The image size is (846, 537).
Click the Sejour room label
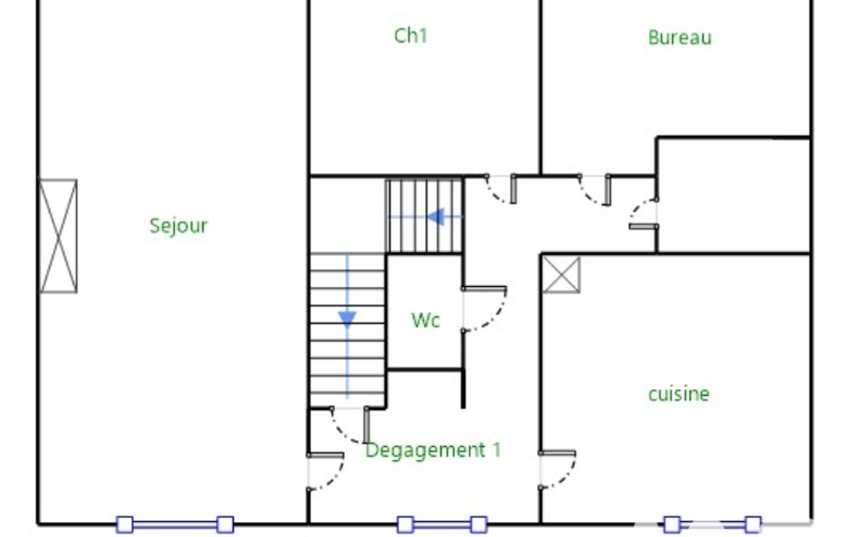(178, 226)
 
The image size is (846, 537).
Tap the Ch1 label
(410, 36)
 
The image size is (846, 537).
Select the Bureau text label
(679, 37)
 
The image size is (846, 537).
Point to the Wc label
(425, 320)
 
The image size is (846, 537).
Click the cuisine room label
(678, 394)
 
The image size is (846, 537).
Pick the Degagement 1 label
(433, 450)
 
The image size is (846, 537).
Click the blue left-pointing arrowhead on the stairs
(436, 216)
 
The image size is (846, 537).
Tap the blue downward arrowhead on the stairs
(347, 319)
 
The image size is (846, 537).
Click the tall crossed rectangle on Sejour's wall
(59, 236)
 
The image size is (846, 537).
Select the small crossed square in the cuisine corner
(561, 275)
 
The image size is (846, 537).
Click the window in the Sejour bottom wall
(175, 524)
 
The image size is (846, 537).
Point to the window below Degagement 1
(442, 524)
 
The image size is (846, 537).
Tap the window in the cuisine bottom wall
(711, 524)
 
